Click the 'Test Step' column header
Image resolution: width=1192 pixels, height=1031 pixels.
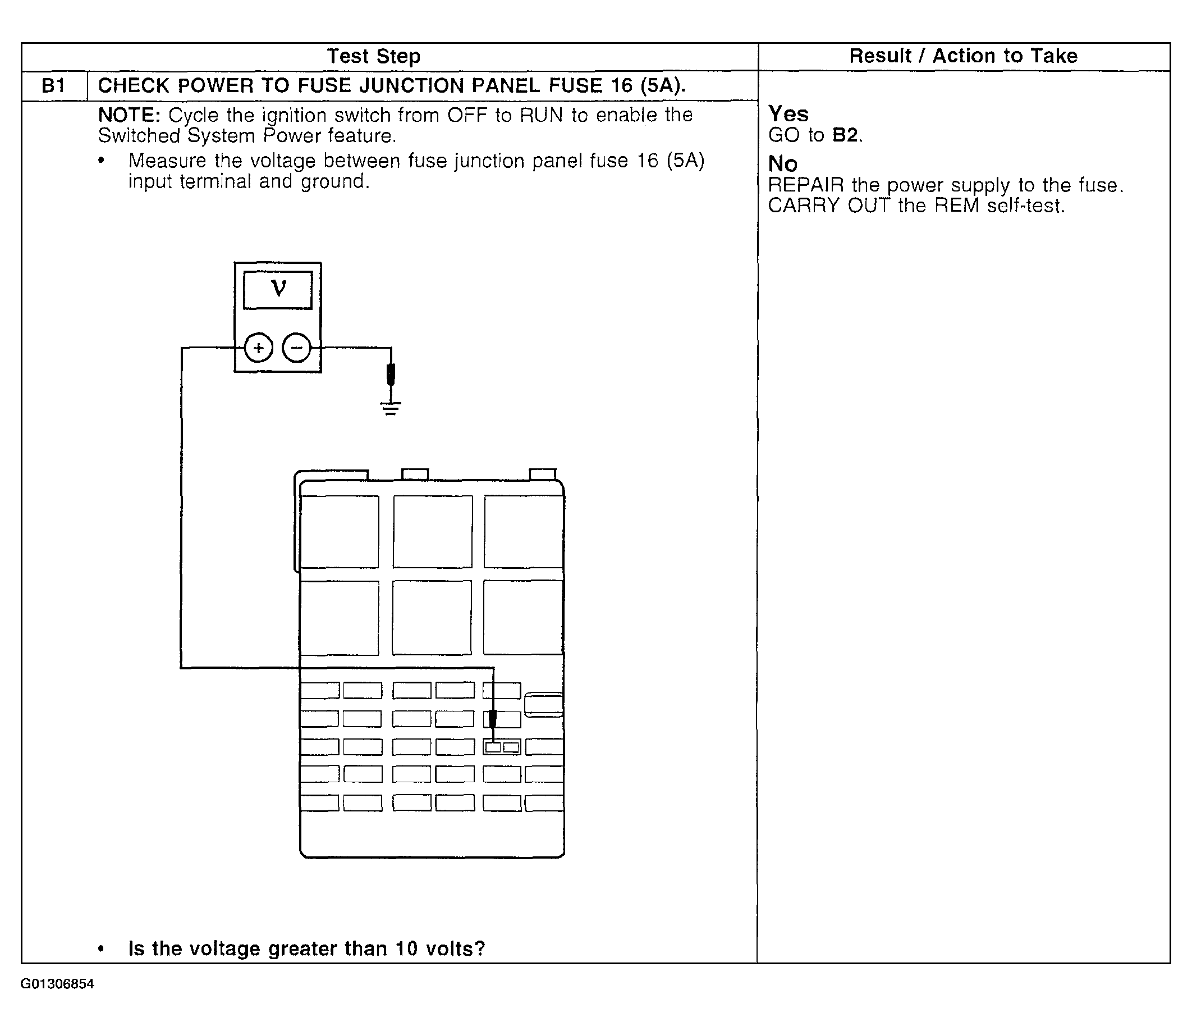coord(373,56)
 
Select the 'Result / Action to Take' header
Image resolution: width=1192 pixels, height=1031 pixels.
coord(963,56)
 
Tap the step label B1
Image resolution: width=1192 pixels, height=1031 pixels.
coord(53,86)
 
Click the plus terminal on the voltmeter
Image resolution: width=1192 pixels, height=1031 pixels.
coord(258,348)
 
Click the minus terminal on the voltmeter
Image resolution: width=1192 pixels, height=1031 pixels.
coord(297,348)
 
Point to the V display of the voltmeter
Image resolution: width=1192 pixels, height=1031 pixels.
coord(278,290)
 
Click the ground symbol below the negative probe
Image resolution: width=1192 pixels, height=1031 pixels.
coord(391,408)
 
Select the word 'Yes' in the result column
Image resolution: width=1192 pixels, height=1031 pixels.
coord(788,113)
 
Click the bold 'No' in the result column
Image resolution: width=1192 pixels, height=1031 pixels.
coord(782,164)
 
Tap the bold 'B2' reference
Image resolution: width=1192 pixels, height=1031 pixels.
coord(846,135)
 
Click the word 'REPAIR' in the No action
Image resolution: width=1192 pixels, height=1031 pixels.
coord(805,185)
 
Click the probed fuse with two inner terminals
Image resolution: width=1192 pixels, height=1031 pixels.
coord(502,747)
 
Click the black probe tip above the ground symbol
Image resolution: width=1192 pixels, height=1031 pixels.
coord(391,374)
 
